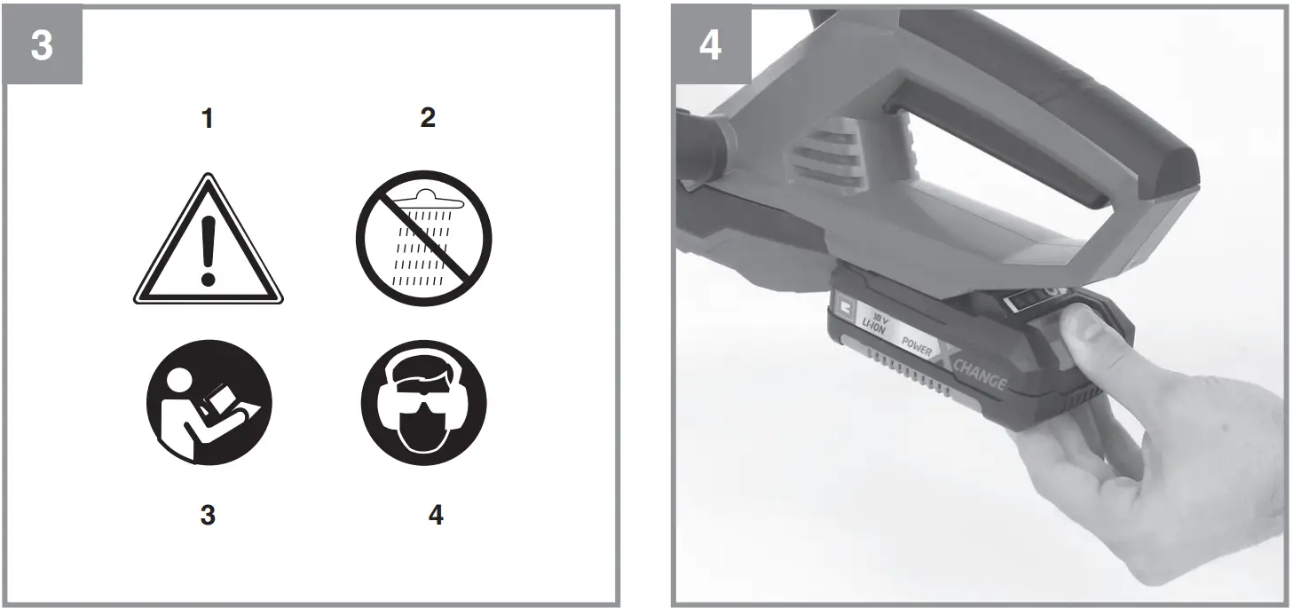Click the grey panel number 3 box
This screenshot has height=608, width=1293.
[42, 45]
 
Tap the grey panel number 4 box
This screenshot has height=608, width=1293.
[710, 45]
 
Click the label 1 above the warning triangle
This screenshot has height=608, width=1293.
[207, 118]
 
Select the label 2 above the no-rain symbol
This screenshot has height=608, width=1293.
[428, 118]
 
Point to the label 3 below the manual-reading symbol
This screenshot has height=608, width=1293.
[207, 515]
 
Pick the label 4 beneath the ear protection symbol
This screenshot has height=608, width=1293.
[435, 515]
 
